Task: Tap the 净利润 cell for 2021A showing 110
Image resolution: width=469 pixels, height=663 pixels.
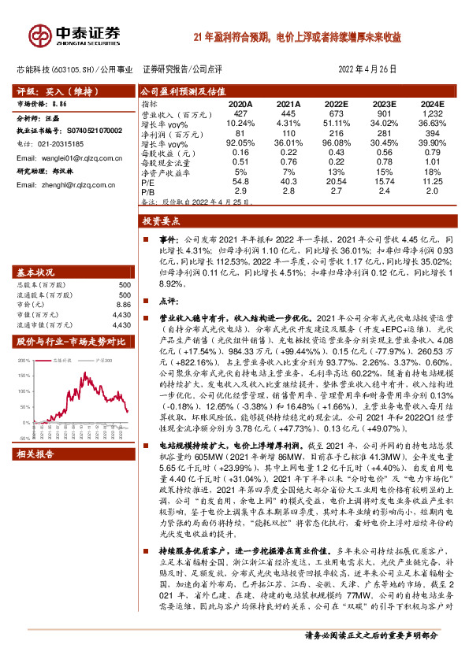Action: coord(290,134)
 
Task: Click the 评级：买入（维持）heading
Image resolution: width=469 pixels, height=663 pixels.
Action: coord(49,91)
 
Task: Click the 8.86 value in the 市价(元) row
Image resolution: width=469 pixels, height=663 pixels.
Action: coord(121,304)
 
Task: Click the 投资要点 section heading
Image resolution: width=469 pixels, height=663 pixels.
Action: coord(162,222)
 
